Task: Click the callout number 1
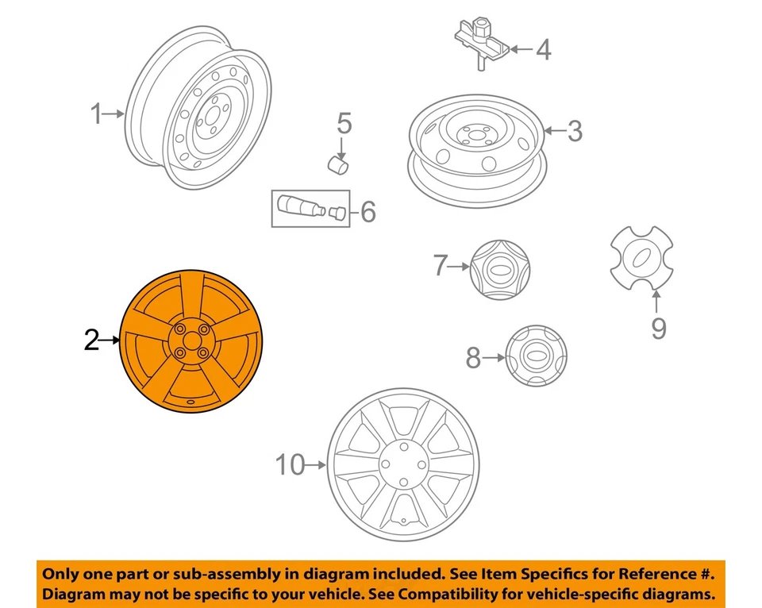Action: [x=96, y=115]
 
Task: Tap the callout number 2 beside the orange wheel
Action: [x=92, y=341]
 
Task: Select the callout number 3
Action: [x=574, y=130]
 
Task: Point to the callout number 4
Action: [x=542, y=49]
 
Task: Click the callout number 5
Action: [x=343, y=124]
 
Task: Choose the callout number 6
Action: [x=367, y=212]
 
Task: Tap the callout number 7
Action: [x=441, y=267]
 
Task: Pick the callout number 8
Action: [x=473, y=359]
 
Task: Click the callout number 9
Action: [x=658, y=327]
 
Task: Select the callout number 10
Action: [x=291, y=465]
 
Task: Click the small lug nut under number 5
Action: [x=340, y=165]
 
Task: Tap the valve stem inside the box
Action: [x=300, y=208]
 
